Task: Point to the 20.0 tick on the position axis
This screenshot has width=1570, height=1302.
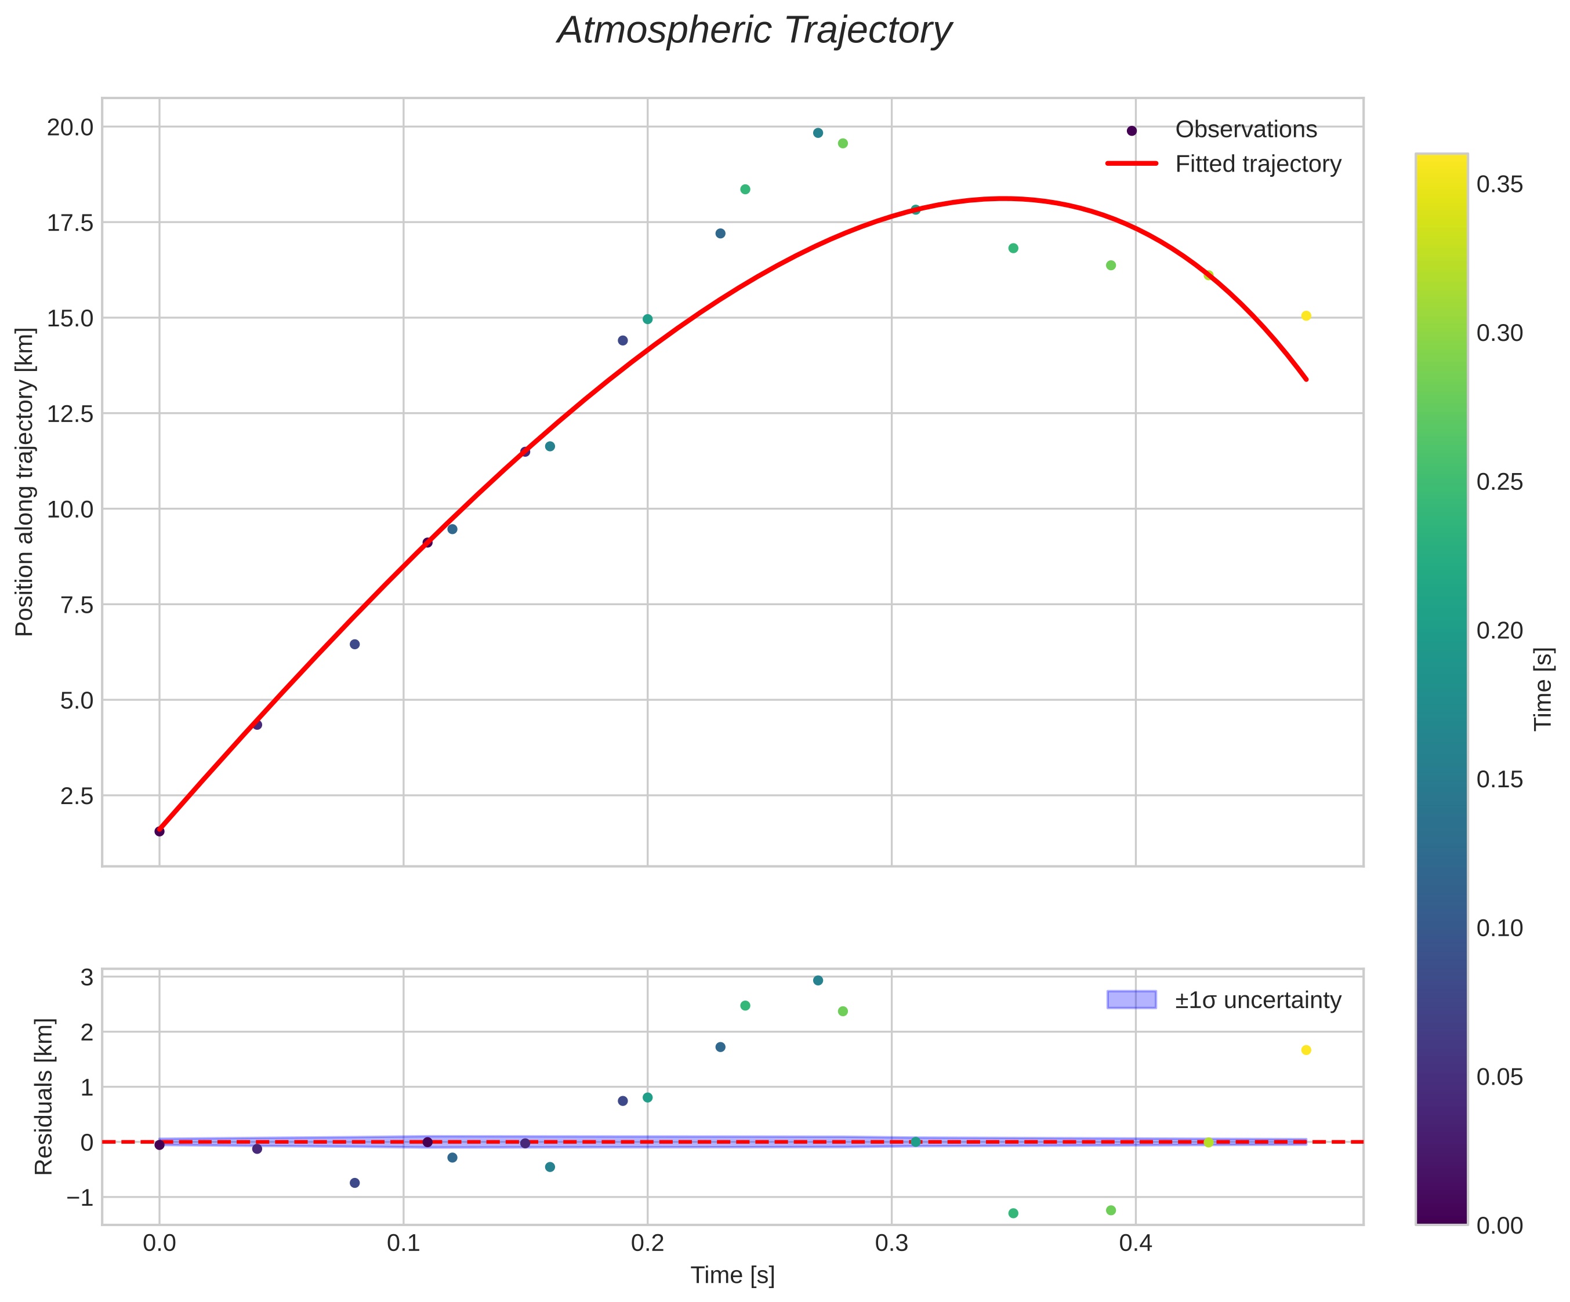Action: point(70,127)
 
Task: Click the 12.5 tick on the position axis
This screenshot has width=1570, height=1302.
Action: point(70,413)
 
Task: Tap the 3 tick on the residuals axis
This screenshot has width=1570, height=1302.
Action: point(87,977)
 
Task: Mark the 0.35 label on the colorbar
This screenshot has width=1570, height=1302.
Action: point(1500,184)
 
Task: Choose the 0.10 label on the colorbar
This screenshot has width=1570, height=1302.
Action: point(1500,928)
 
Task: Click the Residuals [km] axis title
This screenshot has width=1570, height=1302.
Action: point(44,1096)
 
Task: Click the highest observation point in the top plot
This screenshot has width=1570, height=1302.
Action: point(818,133)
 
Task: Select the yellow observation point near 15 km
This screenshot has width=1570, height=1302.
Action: point(1306,316)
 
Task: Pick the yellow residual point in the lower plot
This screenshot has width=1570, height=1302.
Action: point(1306,1050)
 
